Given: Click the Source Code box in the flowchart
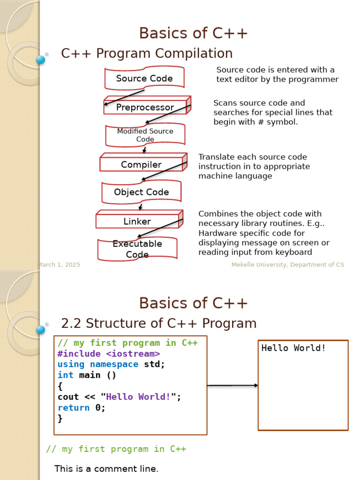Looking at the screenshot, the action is pos(144,78).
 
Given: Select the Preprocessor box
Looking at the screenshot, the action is pos(145,107).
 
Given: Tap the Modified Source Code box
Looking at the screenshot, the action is pos(145,135).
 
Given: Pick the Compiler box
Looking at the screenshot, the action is pos(141,165).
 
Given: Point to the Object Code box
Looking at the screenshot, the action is pos(141,192).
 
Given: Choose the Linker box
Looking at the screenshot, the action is pos(137,221).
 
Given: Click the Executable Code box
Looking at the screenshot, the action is pos(137,249).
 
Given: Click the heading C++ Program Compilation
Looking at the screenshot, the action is pos(147,53).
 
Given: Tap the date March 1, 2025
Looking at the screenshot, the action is pos(59,265).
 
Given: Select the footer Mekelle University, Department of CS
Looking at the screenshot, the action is pos(287,265).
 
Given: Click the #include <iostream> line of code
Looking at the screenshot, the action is pos(109,353).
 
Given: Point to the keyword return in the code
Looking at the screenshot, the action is pos(74,407).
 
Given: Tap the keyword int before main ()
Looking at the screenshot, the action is pos(66,375).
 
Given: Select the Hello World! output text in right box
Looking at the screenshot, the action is pos(293,348).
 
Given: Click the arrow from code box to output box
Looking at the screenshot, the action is pos(232,385).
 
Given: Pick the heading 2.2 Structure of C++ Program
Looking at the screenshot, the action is pos(159,323).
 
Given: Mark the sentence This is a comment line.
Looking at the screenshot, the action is pos(106,469).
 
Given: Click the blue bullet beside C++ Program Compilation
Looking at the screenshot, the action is pos(40,60).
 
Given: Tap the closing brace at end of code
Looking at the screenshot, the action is pos(60,418).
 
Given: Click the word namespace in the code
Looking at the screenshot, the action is pos(114,364).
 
